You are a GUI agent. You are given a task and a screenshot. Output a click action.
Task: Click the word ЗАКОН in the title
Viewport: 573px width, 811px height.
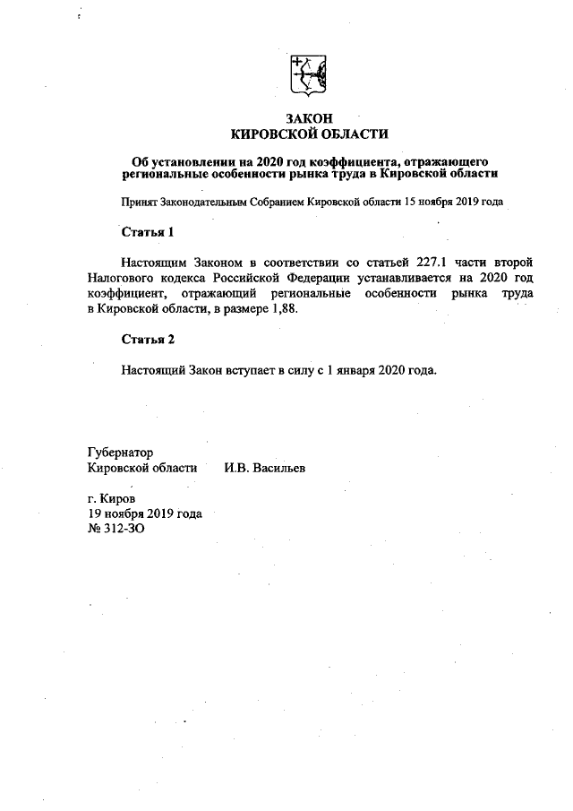click(x=309, y=118)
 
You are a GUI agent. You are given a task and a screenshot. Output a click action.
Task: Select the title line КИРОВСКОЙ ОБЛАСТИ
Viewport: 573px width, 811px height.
click(x=309, y=134)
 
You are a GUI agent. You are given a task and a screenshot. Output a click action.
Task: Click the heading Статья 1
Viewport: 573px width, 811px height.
click(x=148, y=233)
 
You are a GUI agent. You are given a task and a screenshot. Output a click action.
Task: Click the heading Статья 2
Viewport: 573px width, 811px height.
click(x=148, y=340)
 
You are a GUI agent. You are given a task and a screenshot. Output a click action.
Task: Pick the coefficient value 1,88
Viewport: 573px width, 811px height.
click(x=280, y=309)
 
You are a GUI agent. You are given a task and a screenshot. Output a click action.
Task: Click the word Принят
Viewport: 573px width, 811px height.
click(x=141, y=202)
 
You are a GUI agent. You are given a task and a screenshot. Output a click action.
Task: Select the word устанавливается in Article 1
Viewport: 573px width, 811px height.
click(x=425, y=278)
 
